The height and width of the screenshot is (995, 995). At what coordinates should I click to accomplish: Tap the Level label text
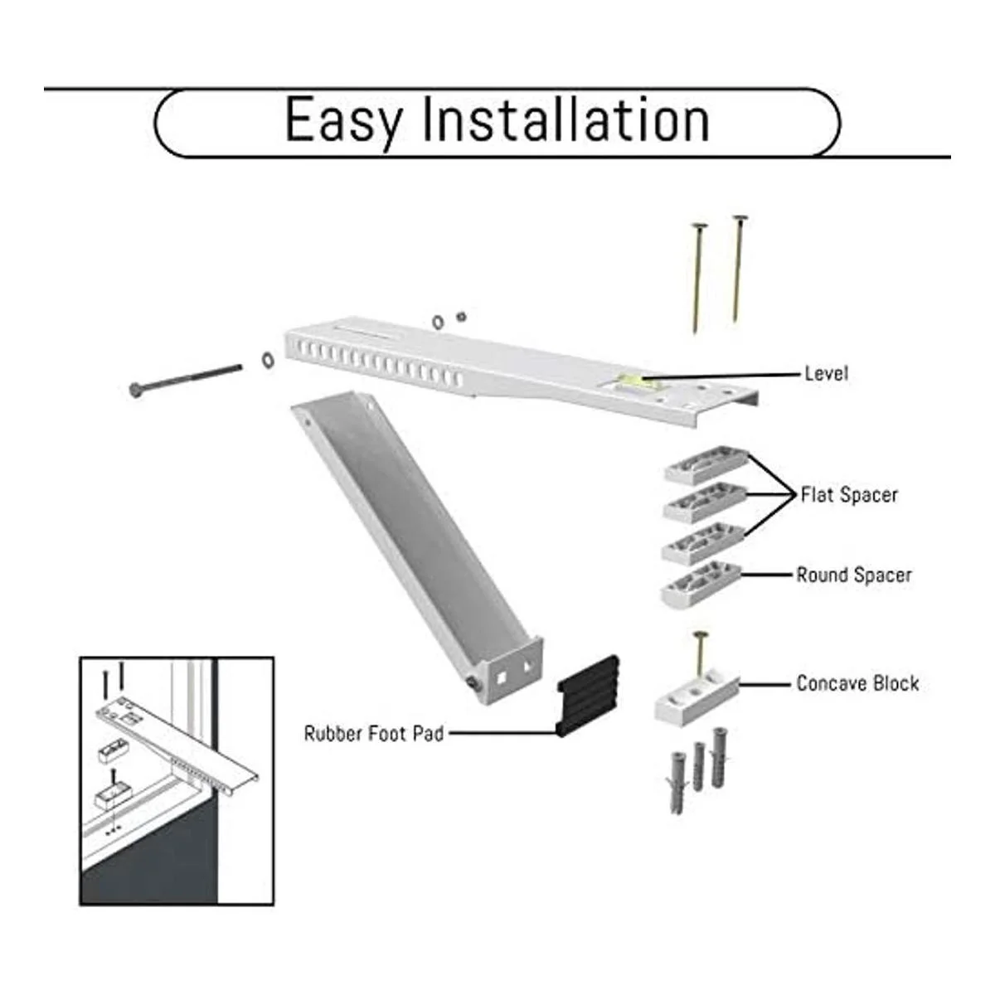[x=827, y=373]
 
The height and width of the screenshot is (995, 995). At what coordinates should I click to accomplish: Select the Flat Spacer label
[x=849, y=495]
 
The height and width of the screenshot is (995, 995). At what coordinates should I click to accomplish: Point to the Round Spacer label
[x=854, y=575]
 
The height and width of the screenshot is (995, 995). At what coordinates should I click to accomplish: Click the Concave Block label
[x=857, y=683]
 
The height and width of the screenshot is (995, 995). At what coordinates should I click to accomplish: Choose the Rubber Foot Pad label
[x=374, y=733]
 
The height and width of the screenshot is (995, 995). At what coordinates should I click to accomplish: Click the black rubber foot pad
[x=588, y=695]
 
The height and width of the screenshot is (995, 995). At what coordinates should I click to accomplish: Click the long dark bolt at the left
[x=186, y=378]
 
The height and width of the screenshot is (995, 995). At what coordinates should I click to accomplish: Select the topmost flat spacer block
[x=706, y=465]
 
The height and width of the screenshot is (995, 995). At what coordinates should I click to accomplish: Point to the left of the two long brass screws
[x=698, y=277]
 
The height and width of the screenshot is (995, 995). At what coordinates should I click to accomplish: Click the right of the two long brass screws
[x=739, y=269]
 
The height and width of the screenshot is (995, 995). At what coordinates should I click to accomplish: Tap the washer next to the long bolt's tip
[x=268, y=360]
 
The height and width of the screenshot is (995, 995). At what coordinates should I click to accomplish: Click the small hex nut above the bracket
[x=461, y=316]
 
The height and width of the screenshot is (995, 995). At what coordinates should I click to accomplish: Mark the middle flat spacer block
[x=705, y=501]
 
